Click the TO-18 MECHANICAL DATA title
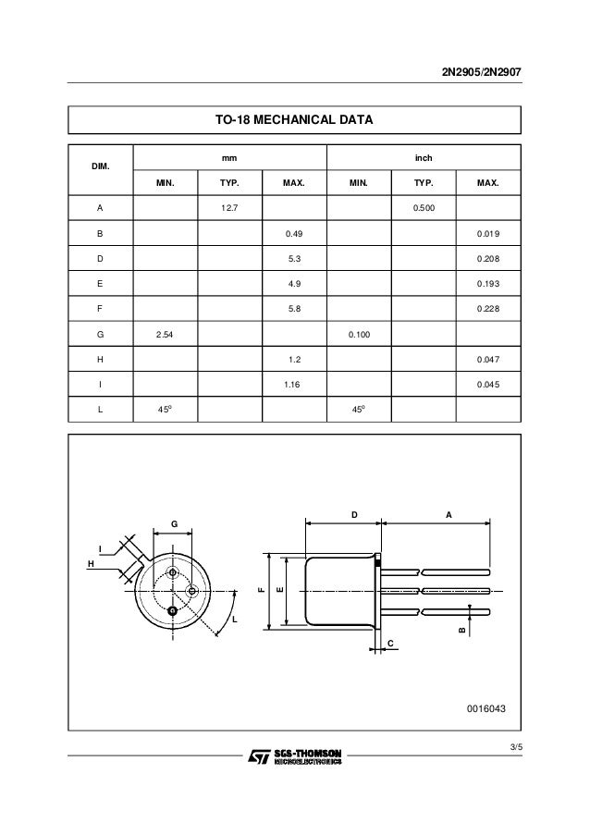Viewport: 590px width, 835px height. [294, 120]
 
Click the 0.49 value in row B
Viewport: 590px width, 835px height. [294, 235]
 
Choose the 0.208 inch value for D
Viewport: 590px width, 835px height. [487, 261]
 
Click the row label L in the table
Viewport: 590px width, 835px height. [100, 408]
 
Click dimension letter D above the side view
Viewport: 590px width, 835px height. [353, 515]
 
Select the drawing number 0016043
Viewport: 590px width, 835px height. [486, 708]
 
